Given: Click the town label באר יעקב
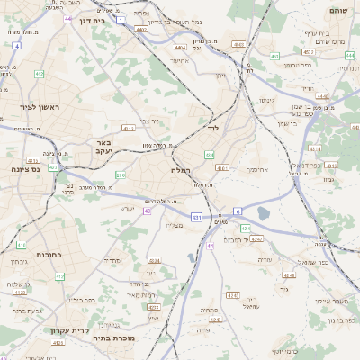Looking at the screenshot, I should (x=103, y=147).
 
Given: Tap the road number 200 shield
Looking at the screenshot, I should (x=121, y=175).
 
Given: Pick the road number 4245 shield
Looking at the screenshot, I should (x=232, y=294).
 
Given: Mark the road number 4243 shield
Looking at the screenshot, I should (x=256, y=239).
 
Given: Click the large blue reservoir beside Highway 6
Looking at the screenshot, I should (x=263, y=213).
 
